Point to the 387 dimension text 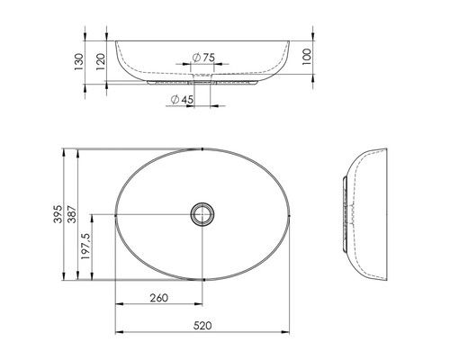[73, 214]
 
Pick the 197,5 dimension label [86, 247]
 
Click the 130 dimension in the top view [78, 61]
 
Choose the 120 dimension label [100, 60]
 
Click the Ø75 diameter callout [203, 58]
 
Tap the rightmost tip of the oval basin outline [292, 214]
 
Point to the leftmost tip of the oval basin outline [115, 214]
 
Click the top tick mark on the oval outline [204, 148]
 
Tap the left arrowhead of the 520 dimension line [118, 329]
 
